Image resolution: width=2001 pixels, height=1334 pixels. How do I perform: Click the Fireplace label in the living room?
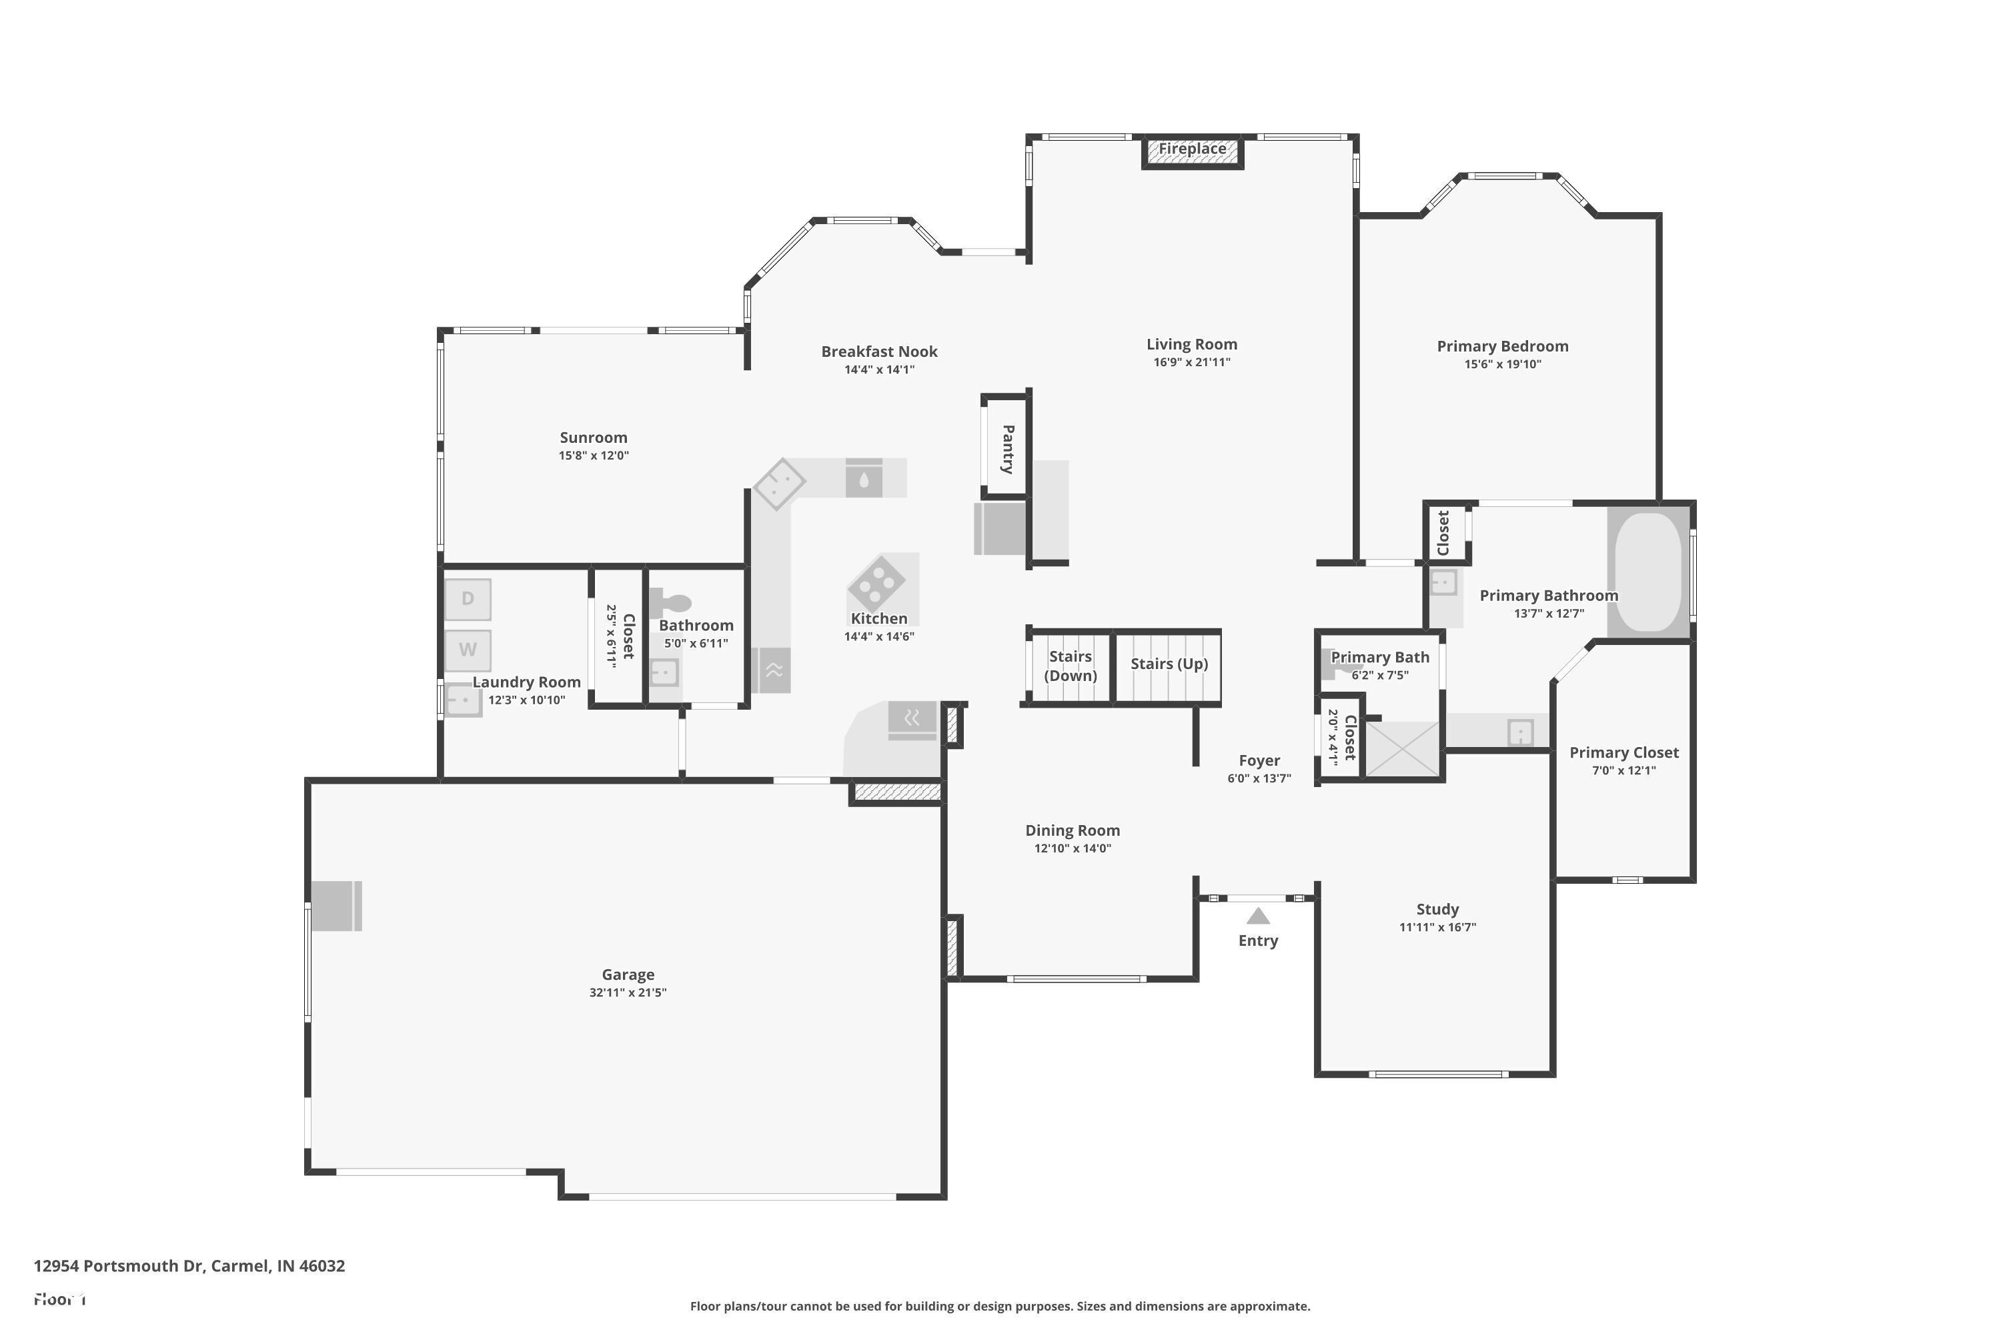(1192, 149)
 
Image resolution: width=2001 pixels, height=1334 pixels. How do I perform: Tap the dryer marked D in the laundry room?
(467, 599)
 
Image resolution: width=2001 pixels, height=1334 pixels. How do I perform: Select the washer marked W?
(467, 650)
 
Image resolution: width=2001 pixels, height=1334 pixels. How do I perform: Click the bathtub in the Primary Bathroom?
(1648, 572)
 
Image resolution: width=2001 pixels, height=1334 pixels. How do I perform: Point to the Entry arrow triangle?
(1257, 916)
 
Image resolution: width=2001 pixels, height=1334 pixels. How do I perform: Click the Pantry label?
(1007, 448)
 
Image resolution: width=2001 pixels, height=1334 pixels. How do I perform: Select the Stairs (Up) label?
(1168, 664)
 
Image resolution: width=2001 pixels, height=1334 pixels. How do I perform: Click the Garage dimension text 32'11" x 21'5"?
(628, 992)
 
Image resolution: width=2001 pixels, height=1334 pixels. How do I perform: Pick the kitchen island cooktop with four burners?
(876, 583)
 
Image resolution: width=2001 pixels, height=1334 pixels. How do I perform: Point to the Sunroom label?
(593, 438)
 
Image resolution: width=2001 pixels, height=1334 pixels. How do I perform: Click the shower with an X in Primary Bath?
(1401, 748)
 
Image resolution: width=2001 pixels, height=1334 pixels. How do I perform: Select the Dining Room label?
(1072, 830)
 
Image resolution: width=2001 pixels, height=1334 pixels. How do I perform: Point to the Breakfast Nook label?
(879, 352)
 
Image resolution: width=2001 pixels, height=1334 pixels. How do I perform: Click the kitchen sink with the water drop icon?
(864, 479)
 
